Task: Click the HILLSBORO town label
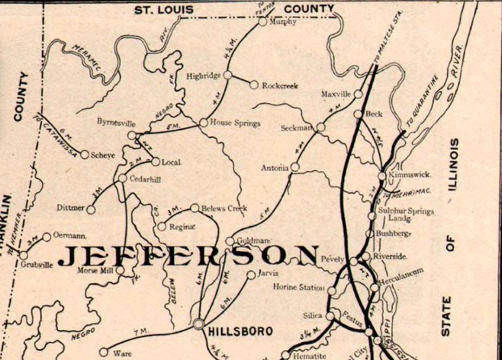pyautogui.click(x=234, y=331)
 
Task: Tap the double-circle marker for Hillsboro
pyautogui.click(x=199, y=323)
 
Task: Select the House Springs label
pyautogui.click(x=235, y=123)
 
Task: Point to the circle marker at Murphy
pyautogui.click(x=263, y=21)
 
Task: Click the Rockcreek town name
pyautogui.click(x=280, y=86)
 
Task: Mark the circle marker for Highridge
pyautogui.click(x=228, y=74)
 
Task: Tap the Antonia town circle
pyautogui.click(x=295, y=167)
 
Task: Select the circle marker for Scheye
pyautogui.click(x=85, y=154)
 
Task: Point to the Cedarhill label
pyautogui.click(x=145, y=179)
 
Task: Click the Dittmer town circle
pyautogui.click(x=91, y=209)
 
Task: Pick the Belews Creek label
pyautogui.click(x=224, y=208)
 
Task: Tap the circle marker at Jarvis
pyautogui.click(x=251, y=275)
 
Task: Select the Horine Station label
pyautogui.click(x=298, y=287)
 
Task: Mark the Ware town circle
pyautogui.click(x=104, y=352)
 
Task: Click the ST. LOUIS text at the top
pyautogui.click(x=164, y=10)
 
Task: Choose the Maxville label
pyautogui.click(x=336, y=94)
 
